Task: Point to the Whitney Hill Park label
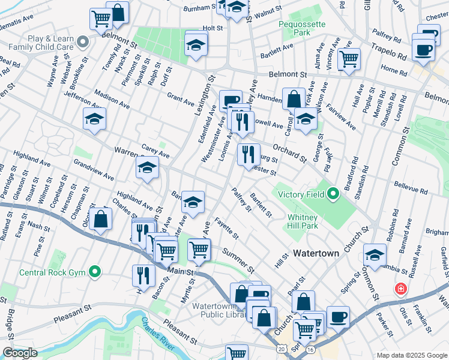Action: point(306,222)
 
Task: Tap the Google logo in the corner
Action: point(20,353)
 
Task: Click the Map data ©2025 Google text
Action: point(412,355)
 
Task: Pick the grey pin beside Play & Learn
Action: point(83,41)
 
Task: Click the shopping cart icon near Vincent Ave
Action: point(348,59)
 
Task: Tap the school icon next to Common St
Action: point(375,255)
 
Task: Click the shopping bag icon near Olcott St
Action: point(101,219)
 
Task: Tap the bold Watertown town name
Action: point(316,253)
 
